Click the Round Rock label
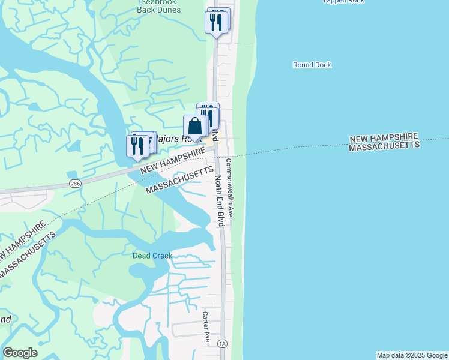pos(312,65)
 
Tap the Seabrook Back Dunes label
pos(155,5)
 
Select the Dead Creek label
pos(152,256)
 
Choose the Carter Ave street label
pos(205,326)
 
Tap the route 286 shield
pos(74,183)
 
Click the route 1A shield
pos(223,344)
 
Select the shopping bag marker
pos(194,127)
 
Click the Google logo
pos(20,353)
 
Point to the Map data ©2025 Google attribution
pos(412,355)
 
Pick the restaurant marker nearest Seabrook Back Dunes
pos(216,22)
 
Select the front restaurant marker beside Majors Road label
pos(137,146)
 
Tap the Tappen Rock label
pos(343,1)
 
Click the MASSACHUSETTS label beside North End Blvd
pos(180,181)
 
